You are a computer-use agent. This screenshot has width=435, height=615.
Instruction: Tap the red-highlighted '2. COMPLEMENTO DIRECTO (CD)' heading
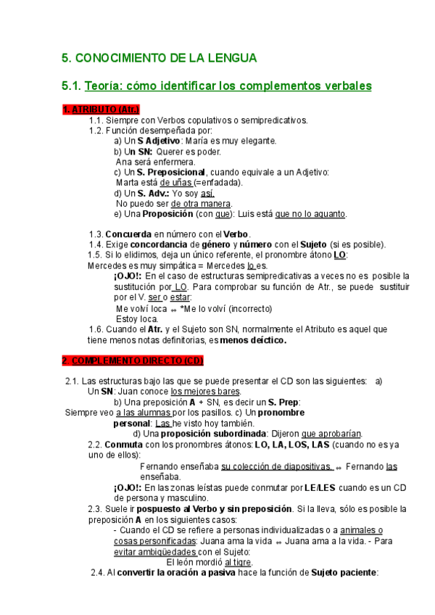(x=132, y=360)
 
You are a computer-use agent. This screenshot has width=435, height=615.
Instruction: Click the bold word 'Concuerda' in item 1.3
(x=128, y=234)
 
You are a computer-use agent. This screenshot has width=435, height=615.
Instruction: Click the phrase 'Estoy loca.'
(x=137, y=318)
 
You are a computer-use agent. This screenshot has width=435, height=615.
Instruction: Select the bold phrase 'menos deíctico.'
(x=254, y=339)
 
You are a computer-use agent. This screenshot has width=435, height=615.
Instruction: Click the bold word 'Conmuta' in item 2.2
(x=125, y=445)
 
